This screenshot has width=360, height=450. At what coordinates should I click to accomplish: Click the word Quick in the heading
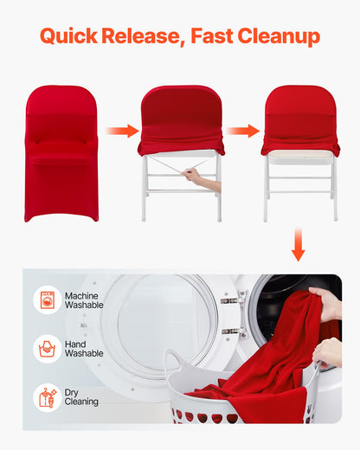point(68,36)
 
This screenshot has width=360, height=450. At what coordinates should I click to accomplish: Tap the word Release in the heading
point(144,36)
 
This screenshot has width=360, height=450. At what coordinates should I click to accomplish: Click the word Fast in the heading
point(214,36)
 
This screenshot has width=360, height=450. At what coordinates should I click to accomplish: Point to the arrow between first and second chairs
point(122,131)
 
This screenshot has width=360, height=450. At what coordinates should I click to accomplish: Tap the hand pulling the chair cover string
point(196,177)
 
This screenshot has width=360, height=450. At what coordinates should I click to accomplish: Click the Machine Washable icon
point(46,300)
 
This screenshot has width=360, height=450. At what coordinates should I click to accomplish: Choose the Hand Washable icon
point(46,349)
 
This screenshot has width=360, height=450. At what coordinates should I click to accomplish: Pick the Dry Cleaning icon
point(46,397)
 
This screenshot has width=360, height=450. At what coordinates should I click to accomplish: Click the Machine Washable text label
point(84,300)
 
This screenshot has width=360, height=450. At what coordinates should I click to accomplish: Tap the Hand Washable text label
point(84,349)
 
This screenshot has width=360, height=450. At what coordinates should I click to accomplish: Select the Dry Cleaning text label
point(81,397)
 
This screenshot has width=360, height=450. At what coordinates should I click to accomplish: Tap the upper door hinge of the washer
point(228,300)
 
